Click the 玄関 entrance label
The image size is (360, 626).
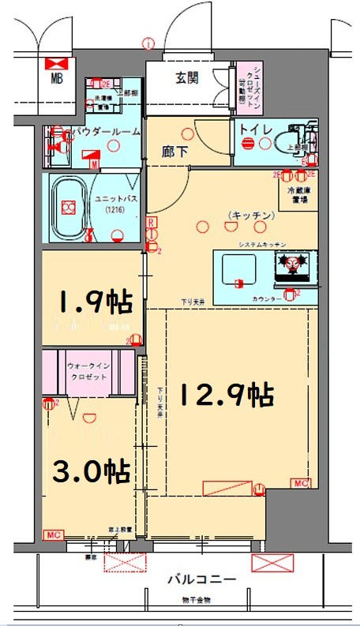[x=186, y=77]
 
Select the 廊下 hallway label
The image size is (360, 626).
[x=174, y=152]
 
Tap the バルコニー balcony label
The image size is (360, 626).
[x=201, y=579]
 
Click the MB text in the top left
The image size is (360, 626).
[x=58, y=78]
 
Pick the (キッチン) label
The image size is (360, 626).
[x=252, y=215]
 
